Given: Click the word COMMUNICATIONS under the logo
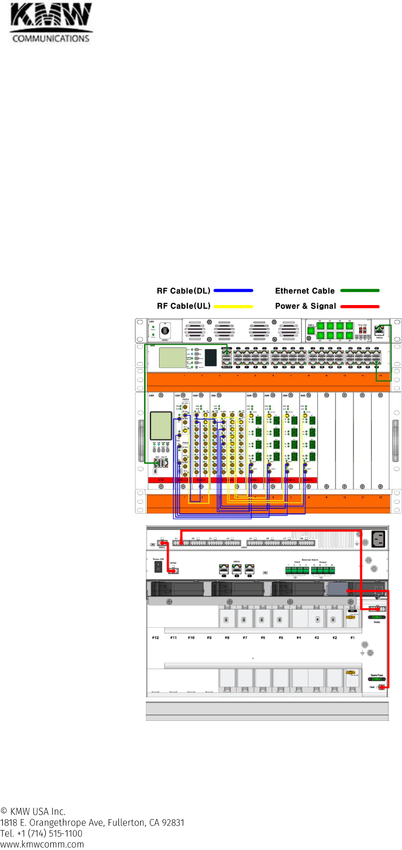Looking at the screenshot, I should pyautogui.click(x=51, y=39).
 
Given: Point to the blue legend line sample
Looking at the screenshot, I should pyautogui.click(x=233, y=291).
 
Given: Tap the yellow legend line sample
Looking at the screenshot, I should pyautogui.click(x=233, y=306).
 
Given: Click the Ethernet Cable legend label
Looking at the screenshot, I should pyautogui.click(x=305, y=291).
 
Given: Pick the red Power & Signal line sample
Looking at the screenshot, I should pyautogui.click(x=360, y=306).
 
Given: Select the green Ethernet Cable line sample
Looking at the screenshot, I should pyautogui.click(x=360, y=291).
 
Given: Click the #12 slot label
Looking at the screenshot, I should pyautogui.click(x=155, y=637).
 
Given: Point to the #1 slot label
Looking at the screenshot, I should pyautogui.click(x=352, y=637).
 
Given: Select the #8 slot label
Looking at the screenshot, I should pyautogui.click(x=227, y=637).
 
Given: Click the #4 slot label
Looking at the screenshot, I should pyautogui.click(x=298, y=637).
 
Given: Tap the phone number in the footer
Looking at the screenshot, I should pyautogui.click(x=41, y=833).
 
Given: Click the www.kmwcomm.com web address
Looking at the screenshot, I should pyautogui.click(x=42, y=844).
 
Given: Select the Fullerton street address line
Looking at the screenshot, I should pyautogui.click(x=92, y=823).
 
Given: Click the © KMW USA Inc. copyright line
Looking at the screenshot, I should pyautogui.click(x=33, y=811).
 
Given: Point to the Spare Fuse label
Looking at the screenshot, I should pyautogui.click(x=376, y=674).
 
